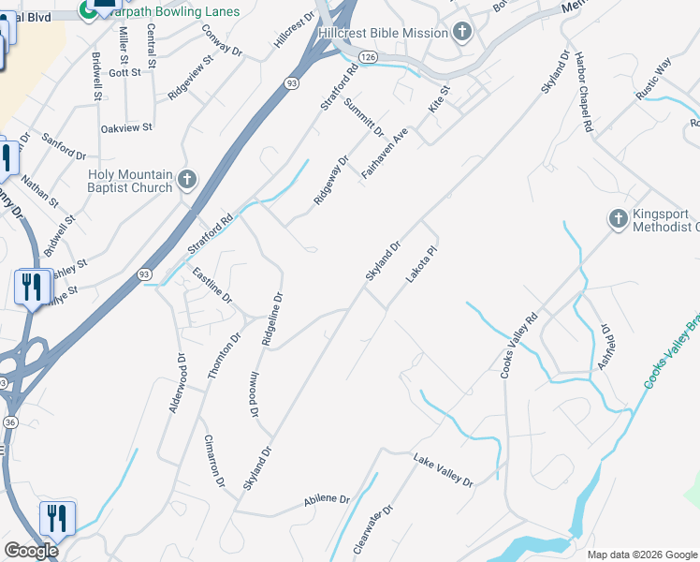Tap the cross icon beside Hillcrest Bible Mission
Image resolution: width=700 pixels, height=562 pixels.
click(x=461, y=33)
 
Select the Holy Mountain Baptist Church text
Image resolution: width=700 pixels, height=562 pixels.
click(x=130, y=181)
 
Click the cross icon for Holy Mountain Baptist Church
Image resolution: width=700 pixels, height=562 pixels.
click(x=186, y=180)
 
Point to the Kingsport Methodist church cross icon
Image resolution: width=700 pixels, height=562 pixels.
click(x=618, y=219)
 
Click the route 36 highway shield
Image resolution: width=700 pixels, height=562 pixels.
click(x=9, y=422)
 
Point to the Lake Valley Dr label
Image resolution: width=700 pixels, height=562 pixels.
click(x=444, y=469)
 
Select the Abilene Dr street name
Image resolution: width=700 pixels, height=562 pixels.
click(x=326, y=502)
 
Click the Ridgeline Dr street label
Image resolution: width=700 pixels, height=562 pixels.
click(x=271, y=320)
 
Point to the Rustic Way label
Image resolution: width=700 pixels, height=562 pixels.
click(x=652, y=78)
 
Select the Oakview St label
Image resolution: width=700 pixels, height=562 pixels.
click(x=126, y=127)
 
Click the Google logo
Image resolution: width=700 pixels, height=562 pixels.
click(x=30, y=551)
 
